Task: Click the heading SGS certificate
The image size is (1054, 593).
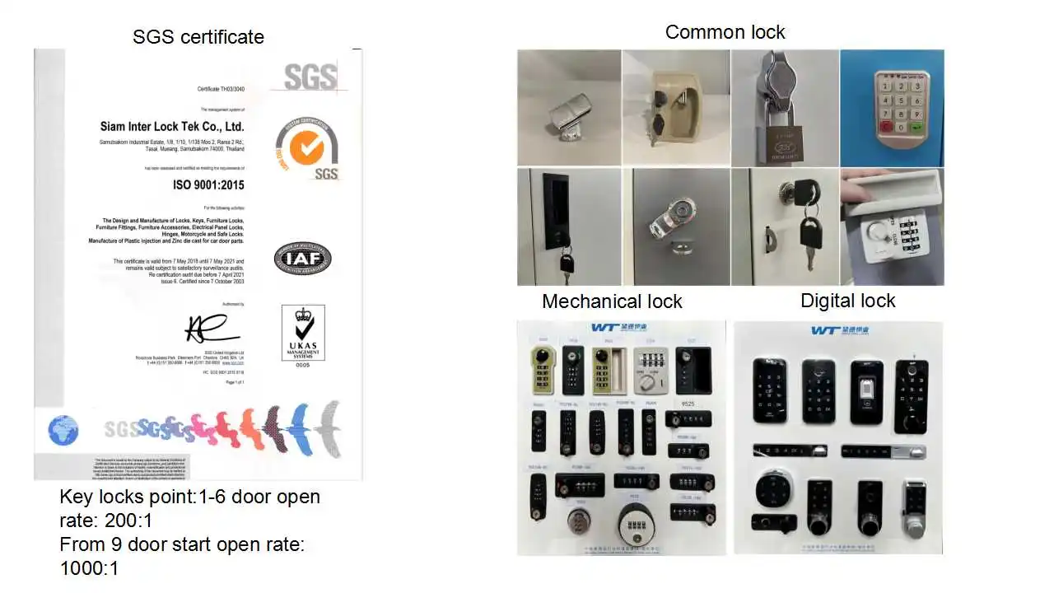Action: [x=198, y=37]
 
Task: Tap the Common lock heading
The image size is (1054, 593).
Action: [x=725, y=32]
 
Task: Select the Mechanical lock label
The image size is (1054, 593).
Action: [x=612, y=301]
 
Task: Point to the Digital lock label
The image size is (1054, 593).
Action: [x=847, y=301]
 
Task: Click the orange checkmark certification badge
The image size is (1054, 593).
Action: [x=312, y=147]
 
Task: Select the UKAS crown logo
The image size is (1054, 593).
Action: [x=302, y=331]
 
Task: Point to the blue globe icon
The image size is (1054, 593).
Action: [x=63, y=431]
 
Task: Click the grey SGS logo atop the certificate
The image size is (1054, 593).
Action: [x=310, y=77]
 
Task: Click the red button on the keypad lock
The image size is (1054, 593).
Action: [x=886, y=127]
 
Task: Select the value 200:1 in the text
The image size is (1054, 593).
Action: [x=130, y=521]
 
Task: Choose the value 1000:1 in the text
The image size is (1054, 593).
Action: [x=89, y=568]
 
